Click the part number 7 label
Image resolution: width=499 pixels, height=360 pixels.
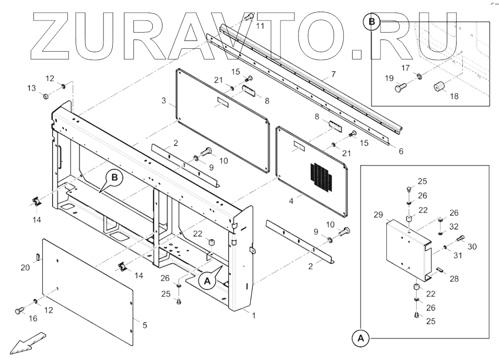coord(334,75)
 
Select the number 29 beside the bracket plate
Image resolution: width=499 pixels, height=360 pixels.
coord(378,215)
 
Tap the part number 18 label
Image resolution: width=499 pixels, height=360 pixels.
coord(454,97)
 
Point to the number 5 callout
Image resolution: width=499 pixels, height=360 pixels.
coord(144,325)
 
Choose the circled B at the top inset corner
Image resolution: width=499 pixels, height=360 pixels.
coord(372,22)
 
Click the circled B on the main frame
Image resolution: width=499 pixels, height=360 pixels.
coord(114,179)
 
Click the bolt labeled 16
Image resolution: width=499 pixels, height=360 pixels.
coord(20,310)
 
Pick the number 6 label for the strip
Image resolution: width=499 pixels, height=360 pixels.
coord(400,151)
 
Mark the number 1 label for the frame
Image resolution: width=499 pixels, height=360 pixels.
coord(254,316)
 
